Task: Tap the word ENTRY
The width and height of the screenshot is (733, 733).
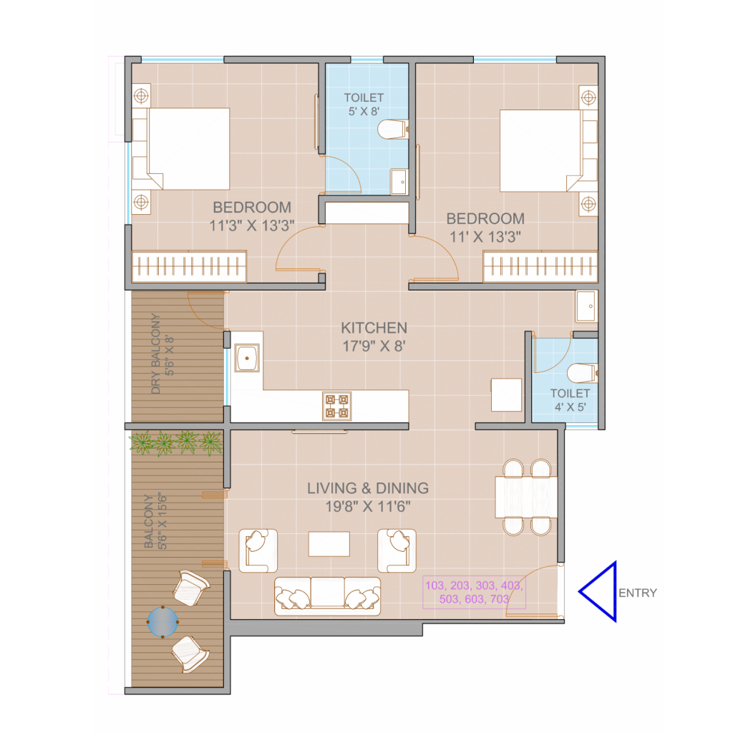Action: coord(638,593)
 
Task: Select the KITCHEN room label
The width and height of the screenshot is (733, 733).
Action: coord(374,328)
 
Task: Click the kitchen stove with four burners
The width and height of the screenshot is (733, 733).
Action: coord(336,406)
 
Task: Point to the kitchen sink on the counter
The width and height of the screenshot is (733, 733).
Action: coord(247,358)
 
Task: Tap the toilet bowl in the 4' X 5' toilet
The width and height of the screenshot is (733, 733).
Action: coord(582,374)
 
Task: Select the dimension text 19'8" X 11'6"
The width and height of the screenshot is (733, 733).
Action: coord(368,506)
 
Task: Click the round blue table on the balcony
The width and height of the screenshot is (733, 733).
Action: coord(162,622)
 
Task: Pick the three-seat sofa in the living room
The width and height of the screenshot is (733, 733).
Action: coord(327,596)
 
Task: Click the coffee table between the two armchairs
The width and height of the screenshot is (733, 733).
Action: coord(329,544)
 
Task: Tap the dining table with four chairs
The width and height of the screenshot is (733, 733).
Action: coord(526,497)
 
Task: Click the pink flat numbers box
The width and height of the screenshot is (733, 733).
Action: coord(474,592)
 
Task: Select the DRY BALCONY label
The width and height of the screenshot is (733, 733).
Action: coord(155,354)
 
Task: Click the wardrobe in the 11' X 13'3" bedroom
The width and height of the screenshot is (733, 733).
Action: coord(540,267)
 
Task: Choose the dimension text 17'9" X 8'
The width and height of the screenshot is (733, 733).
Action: coord(374,346)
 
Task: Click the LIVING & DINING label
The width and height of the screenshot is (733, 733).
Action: coord(368,488)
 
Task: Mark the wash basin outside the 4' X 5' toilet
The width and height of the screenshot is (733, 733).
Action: coord(587,306)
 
